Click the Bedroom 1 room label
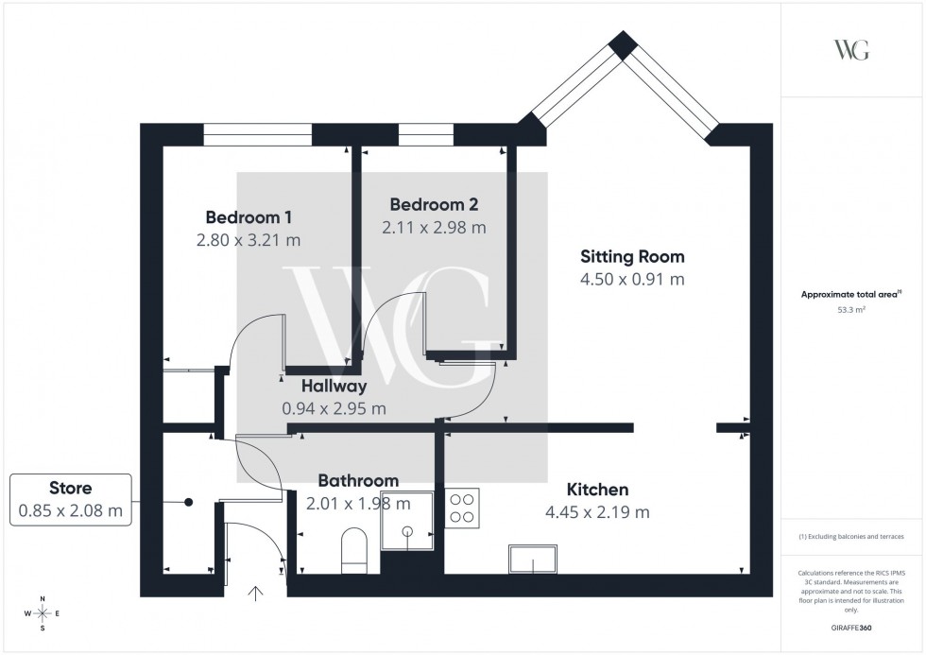pyautogui.click(x=249, y=215)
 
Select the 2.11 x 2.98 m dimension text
pyautogui.click(x=434, y=228)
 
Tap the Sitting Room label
pyautogui.click(x=632, y=256)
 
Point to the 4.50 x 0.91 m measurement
pyautogui.click(x=632, y=279)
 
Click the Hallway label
pyautogui.click(x=334, y=386)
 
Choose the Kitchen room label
pyautogui.click(x=597, y=490)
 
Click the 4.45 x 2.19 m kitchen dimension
pyautogui.click(x=597, y=512)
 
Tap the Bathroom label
pyautogui.click(x=358, y=480)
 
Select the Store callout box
pyautogui.click(x=71, y=500)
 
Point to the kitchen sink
pyautogui.click(x=535, y=560)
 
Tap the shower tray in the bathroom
pyautogui.click(x=406, y=521)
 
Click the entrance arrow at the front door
pyautogui.click(x=255, y=594)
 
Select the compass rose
pyautogui.click(x=42, y=613)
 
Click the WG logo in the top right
pyautogui.click(x=850, y=50)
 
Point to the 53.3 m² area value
pyautogui.click(x=851, y=308)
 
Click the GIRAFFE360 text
pyautogui.click(x=851, y=627)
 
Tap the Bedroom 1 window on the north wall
pyautogui.click(x=257, y=135)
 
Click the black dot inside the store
pyautogui.click(x=189, y=503)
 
